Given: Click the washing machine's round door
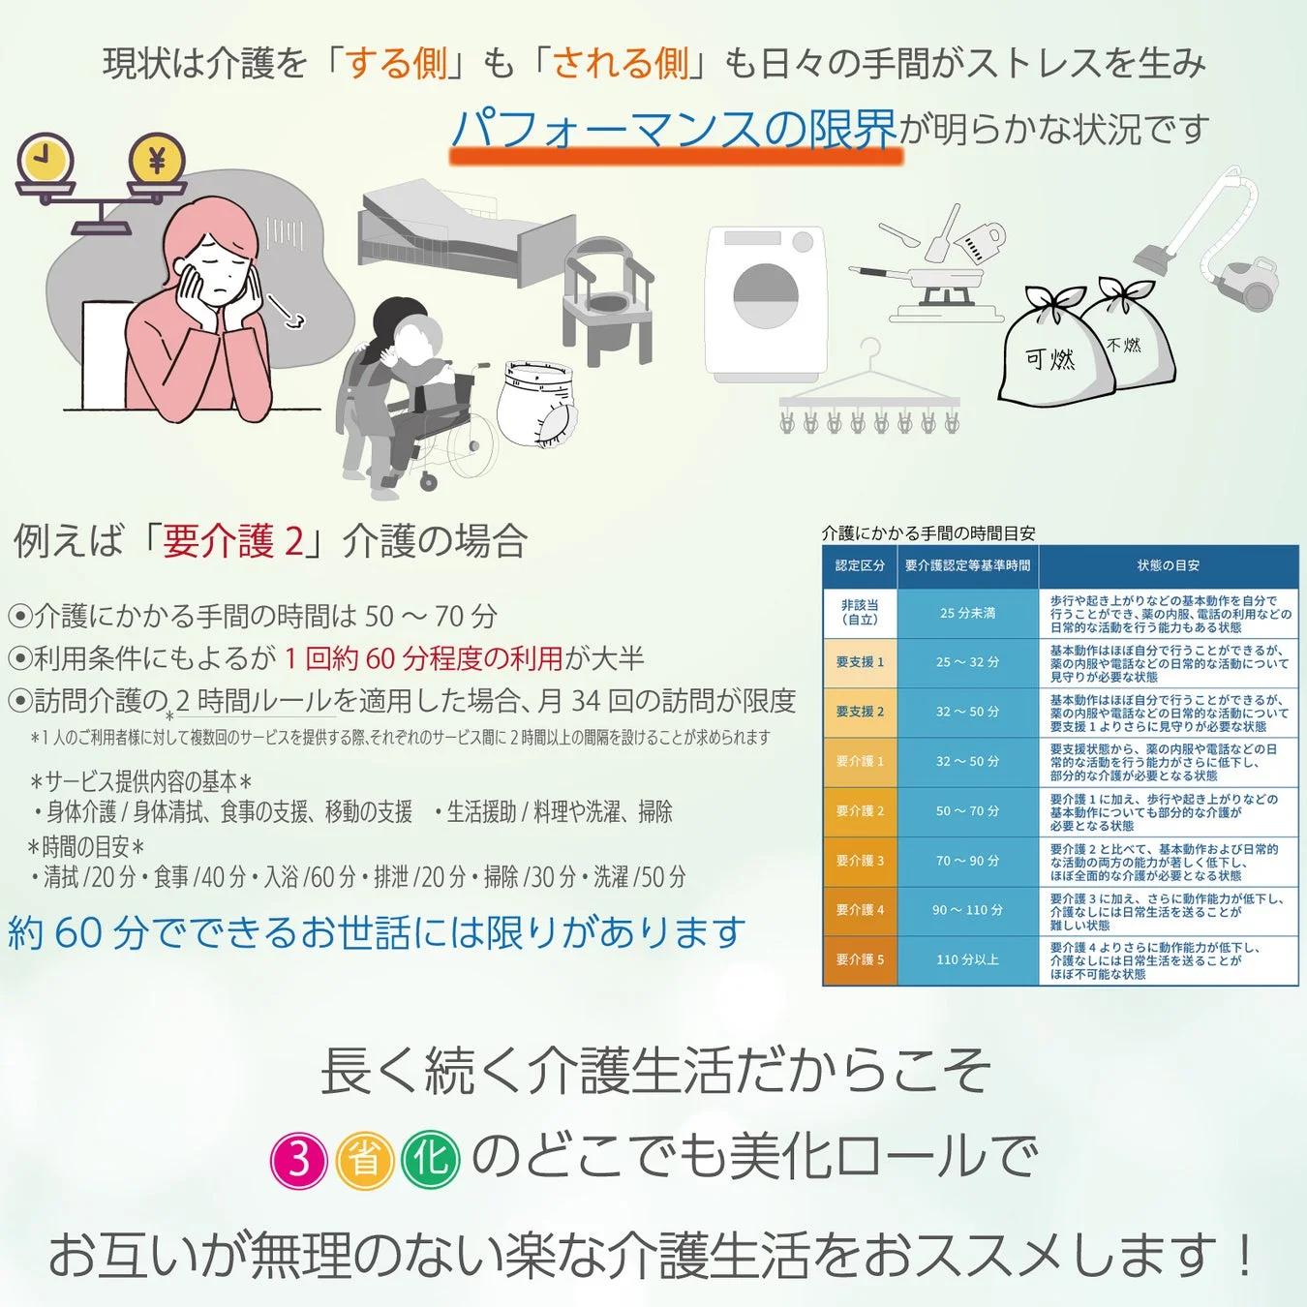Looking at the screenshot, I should click(765, 296).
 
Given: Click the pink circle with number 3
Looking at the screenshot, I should click(299, 1159).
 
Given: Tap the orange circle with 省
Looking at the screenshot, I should click(365, 1159).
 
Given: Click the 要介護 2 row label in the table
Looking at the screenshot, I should click(860, 811).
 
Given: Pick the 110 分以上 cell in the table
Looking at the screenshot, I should click(967, 959).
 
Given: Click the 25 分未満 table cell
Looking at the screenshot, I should click(967, 613).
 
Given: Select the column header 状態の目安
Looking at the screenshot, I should click(1168, 565).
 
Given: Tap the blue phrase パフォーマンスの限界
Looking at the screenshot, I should click(675, 129).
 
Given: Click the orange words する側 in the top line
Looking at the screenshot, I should click(397, 64).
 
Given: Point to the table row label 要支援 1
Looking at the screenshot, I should click(860, 662).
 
